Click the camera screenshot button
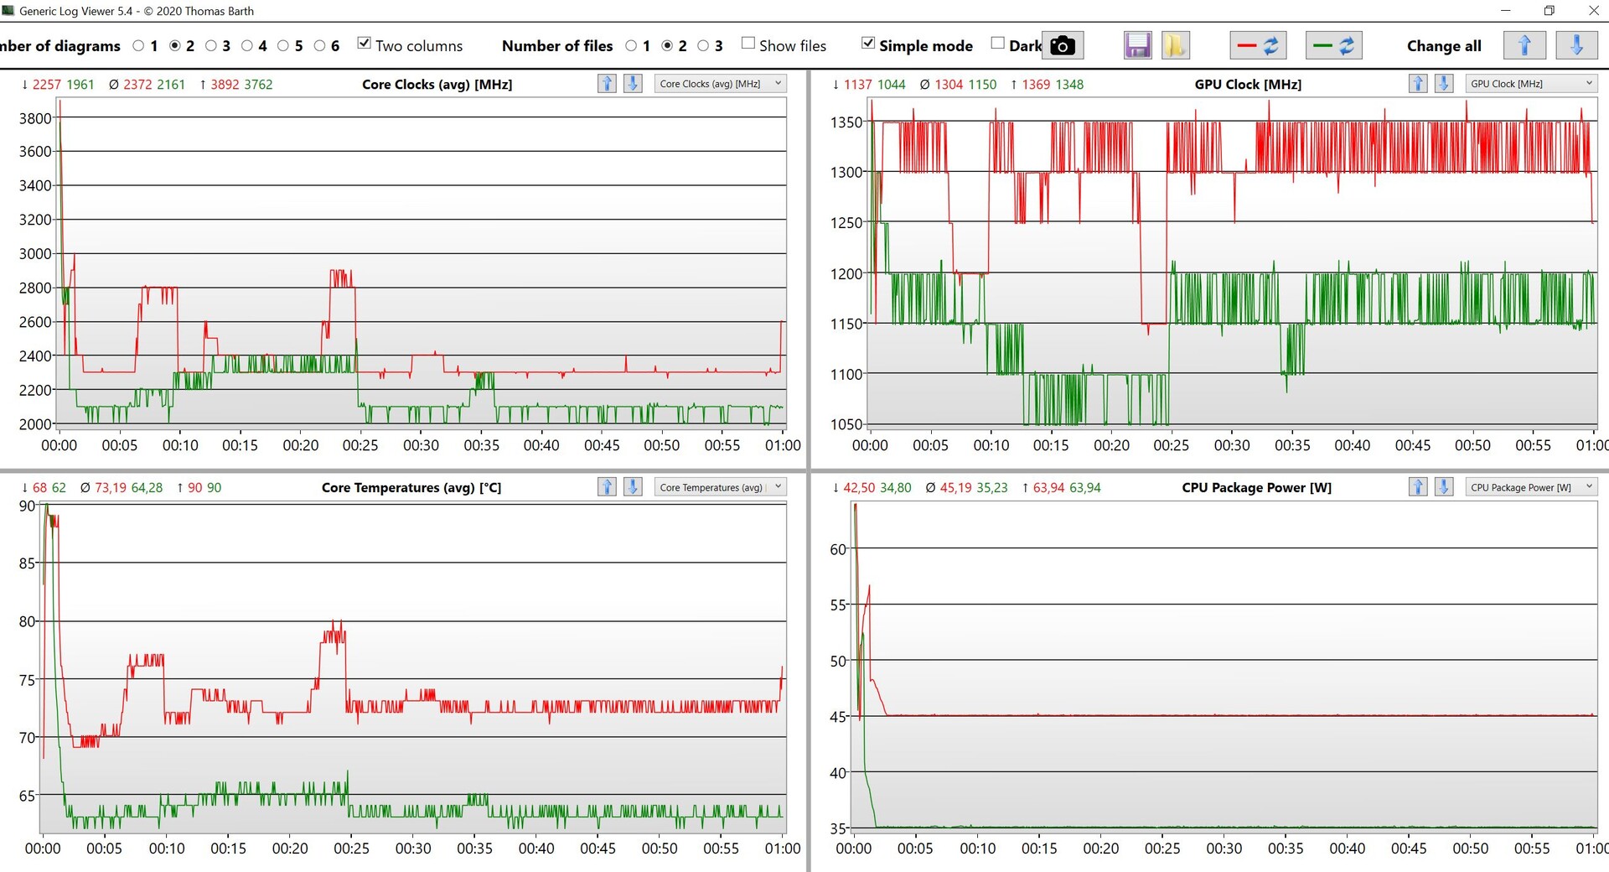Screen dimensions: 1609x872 point(1063,45)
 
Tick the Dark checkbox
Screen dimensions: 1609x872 point(997,44)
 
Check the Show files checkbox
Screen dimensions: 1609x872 point(748,44)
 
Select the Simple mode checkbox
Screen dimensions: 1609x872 point(868,44)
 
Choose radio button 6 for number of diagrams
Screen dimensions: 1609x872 point(320,46)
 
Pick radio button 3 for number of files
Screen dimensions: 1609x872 point(703,46)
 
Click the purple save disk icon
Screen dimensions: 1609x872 point(1137,45)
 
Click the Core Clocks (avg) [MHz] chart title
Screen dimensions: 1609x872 point(437,85)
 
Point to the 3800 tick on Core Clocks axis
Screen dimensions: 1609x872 point(35,118)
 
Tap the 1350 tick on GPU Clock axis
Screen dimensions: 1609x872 point(846,122)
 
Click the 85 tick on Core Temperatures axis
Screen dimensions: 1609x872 point(28,563)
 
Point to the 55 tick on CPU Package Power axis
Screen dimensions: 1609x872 point(838,605)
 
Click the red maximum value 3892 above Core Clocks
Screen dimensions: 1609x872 point(225,85)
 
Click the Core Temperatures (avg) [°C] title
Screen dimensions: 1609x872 point(411,488)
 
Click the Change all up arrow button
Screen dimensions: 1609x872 point(1524,45)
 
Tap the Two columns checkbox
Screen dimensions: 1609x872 point(364,44)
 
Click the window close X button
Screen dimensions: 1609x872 point(1593,11)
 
